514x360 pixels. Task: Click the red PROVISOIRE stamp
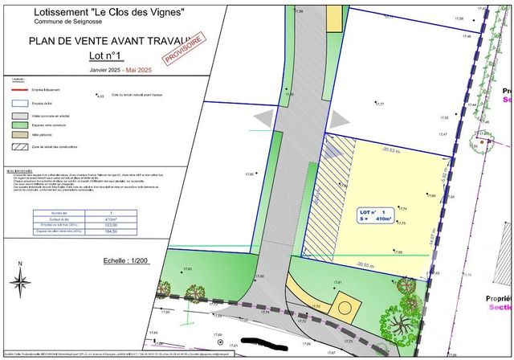pos(182,47)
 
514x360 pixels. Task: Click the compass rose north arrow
pos(19,281)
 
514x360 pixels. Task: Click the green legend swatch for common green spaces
pos(21,125)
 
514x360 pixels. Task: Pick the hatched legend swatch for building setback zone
pos(21,146)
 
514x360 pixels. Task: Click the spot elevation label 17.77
pos(380,104)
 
